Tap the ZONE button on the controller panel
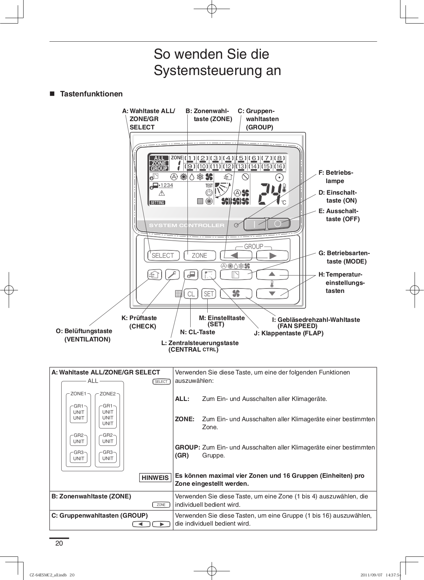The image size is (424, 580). (x=199, y=256)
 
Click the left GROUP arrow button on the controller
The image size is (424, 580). (x=234, y=256)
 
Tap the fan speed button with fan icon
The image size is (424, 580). (x=236, y=294)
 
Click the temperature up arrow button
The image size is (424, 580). (x=272, y=274)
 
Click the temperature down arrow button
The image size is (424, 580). (x=272, y=294)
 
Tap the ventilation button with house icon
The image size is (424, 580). (x=154, y=275)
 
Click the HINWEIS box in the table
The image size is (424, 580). (x=155, y=478)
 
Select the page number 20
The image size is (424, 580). (x=59, y=543)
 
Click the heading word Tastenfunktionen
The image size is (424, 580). (x=91, y=94)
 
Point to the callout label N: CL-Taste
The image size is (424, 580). (x=198, y=332)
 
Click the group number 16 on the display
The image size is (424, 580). (x=279, y=166)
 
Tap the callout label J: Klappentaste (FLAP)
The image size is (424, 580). (x=289, y=333)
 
